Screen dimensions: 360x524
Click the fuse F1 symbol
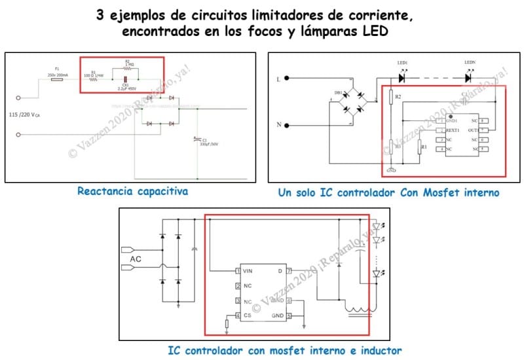click(x=58, y=79)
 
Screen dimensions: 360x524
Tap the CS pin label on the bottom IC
click(x=248, y=316)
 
